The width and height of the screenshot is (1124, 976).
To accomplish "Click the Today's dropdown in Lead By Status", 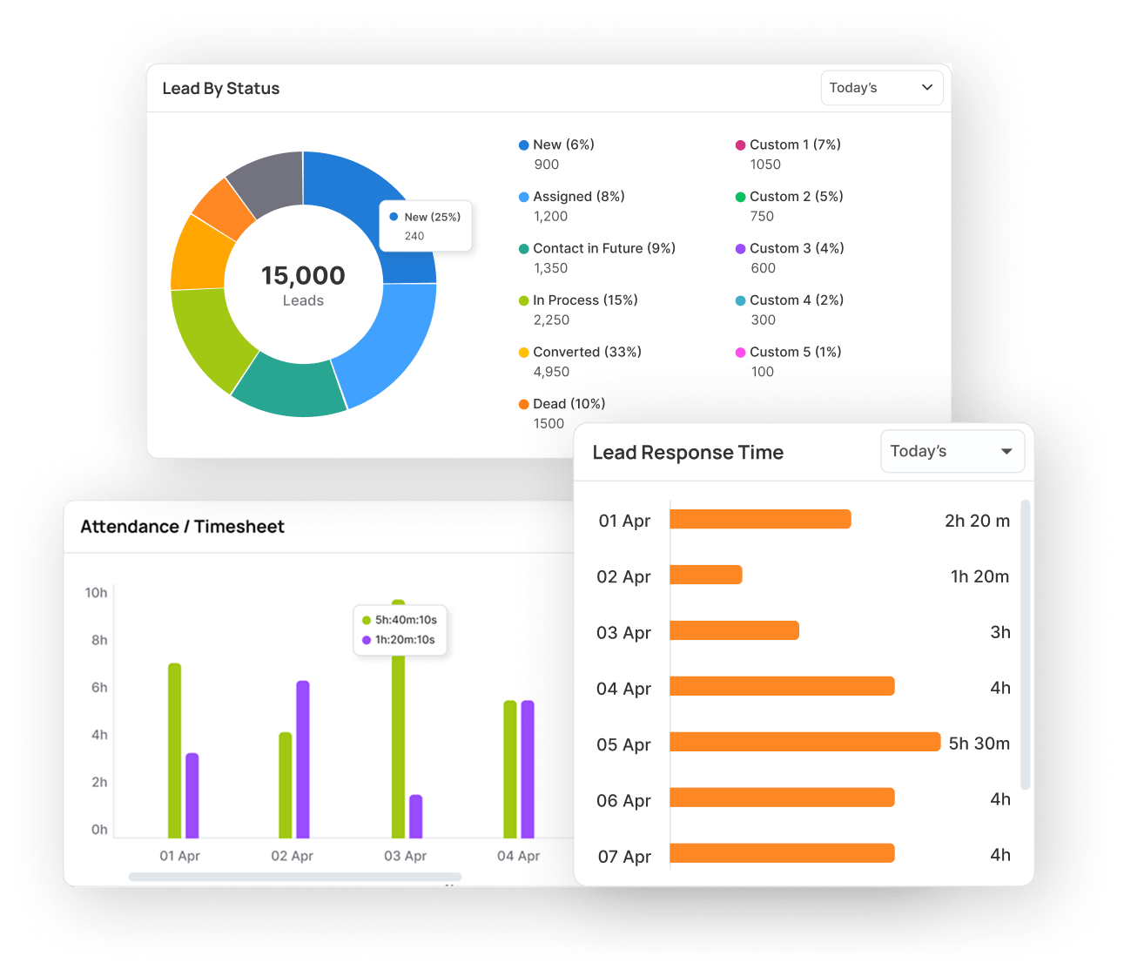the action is click(x=881, y=87).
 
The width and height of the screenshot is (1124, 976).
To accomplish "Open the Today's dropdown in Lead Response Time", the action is click(x=952, y=451).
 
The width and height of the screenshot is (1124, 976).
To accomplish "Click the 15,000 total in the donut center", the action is click(x=303, y=275).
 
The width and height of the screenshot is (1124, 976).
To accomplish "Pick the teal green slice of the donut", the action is click(x=289, y=387).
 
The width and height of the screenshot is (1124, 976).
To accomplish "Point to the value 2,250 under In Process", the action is click(x=551, y=320).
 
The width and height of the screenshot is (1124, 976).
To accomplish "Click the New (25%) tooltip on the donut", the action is click(x=425, y=225).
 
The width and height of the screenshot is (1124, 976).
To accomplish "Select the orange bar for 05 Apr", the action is click(x=804, y=742).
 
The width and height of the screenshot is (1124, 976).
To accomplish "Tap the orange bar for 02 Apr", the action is click(x=705, y=575).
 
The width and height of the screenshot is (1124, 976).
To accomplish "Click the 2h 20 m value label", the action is click(x=977, y=520).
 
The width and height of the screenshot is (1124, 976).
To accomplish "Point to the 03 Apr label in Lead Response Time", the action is click(x=623, y=632).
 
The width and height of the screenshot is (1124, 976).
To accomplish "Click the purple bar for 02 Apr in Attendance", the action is click(x=303, y=759).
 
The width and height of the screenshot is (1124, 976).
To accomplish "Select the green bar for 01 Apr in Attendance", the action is click(x=175, y=751).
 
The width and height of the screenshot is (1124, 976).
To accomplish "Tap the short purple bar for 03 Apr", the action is click(x=416, y=816).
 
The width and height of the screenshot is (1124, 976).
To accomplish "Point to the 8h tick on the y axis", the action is click(x=99, y=640).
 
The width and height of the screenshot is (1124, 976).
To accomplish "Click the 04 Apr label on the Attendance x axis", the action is click(x=518, y=856).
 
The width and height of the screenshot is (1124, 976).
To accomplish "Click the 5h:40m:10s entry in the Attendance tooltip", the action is click(x=400, y=620).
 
